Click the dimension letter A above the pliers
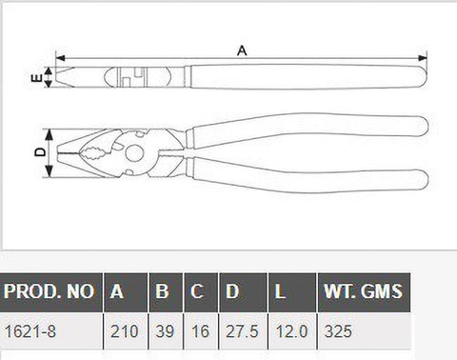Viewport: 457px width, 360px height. click(x=242, y=50)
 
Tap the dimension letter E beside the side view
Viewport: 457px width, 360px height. click(x=37, y=77)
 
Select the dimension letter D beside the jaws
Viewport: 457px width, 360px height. click(x=40, y=152)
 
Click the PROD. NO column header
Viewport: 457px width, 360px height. click(x=49, y=291)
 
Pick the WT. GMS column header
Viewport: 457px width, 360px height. click(x=363, y=291)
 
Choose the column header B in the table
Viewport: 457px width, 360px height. click(x=162, y=291)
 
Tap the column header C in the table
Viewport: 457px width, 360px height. click(x=197, y=291)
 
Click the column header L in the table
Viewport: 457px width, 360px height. click(x=280, y=291)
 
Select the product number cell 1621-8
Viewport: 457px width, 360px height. click(x=30, y=331)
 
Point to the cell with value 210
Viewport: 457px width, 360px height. click(x=125, y=331)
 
